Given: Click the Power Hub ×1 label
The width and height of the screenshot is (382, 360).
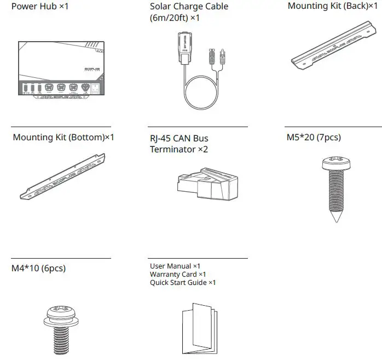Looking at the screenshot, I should click(40, 7).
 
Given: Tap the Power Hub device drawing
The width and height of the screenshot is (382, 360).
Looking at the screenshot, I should click(60, 70).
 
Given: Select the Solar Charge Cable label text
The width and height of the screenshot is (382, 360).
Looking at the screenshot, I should click(189, 12).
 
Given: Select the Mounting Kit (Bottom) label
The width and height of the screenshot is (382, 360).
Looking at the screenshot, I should click(63, 137).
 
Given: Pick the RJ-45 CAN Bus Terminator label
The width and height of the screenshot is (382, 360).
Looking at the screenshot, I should click(179, 144).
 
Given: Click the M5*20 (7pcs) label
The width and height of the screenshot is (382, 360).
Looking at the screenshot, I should click(314, 138).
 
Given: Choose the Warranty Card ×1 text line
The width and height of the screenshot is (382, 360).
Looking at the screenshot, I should click(178, 275).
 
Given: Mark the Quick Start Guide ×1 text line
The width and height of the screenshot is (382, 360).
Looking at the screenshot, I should click(183, 283).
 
